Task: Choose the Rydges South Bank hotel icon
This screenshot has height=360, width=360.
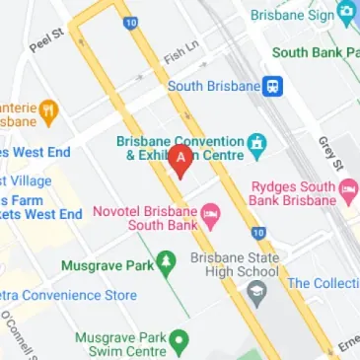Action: (x=346, y=188)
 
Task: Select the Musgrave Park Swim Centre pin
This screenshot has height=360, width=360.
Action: (x=179, y=341)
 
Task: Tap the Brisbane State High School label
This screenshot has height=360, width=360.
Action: (x=235, y=265)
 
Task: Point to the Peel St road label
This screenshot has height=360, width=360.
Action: (x=45, y=40)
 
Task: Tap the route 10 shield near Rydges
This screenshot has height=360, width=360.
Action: (x=257, y=233)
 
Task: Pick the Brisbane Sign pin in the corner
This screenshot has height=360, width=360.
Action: (x=346, y=13)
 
